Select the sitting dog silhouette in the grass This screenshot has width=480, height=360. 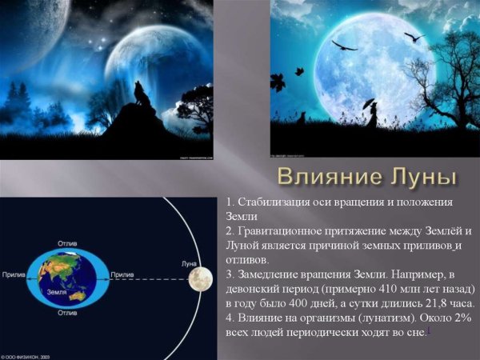(x=302, y=118)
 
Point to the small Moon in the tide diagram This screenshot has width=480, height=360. (x=200, y=278)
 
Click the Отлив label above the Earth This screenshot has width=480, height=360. (x=67, y=242)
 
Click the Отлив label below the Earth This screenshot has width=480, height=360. (x=67, y=314)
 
